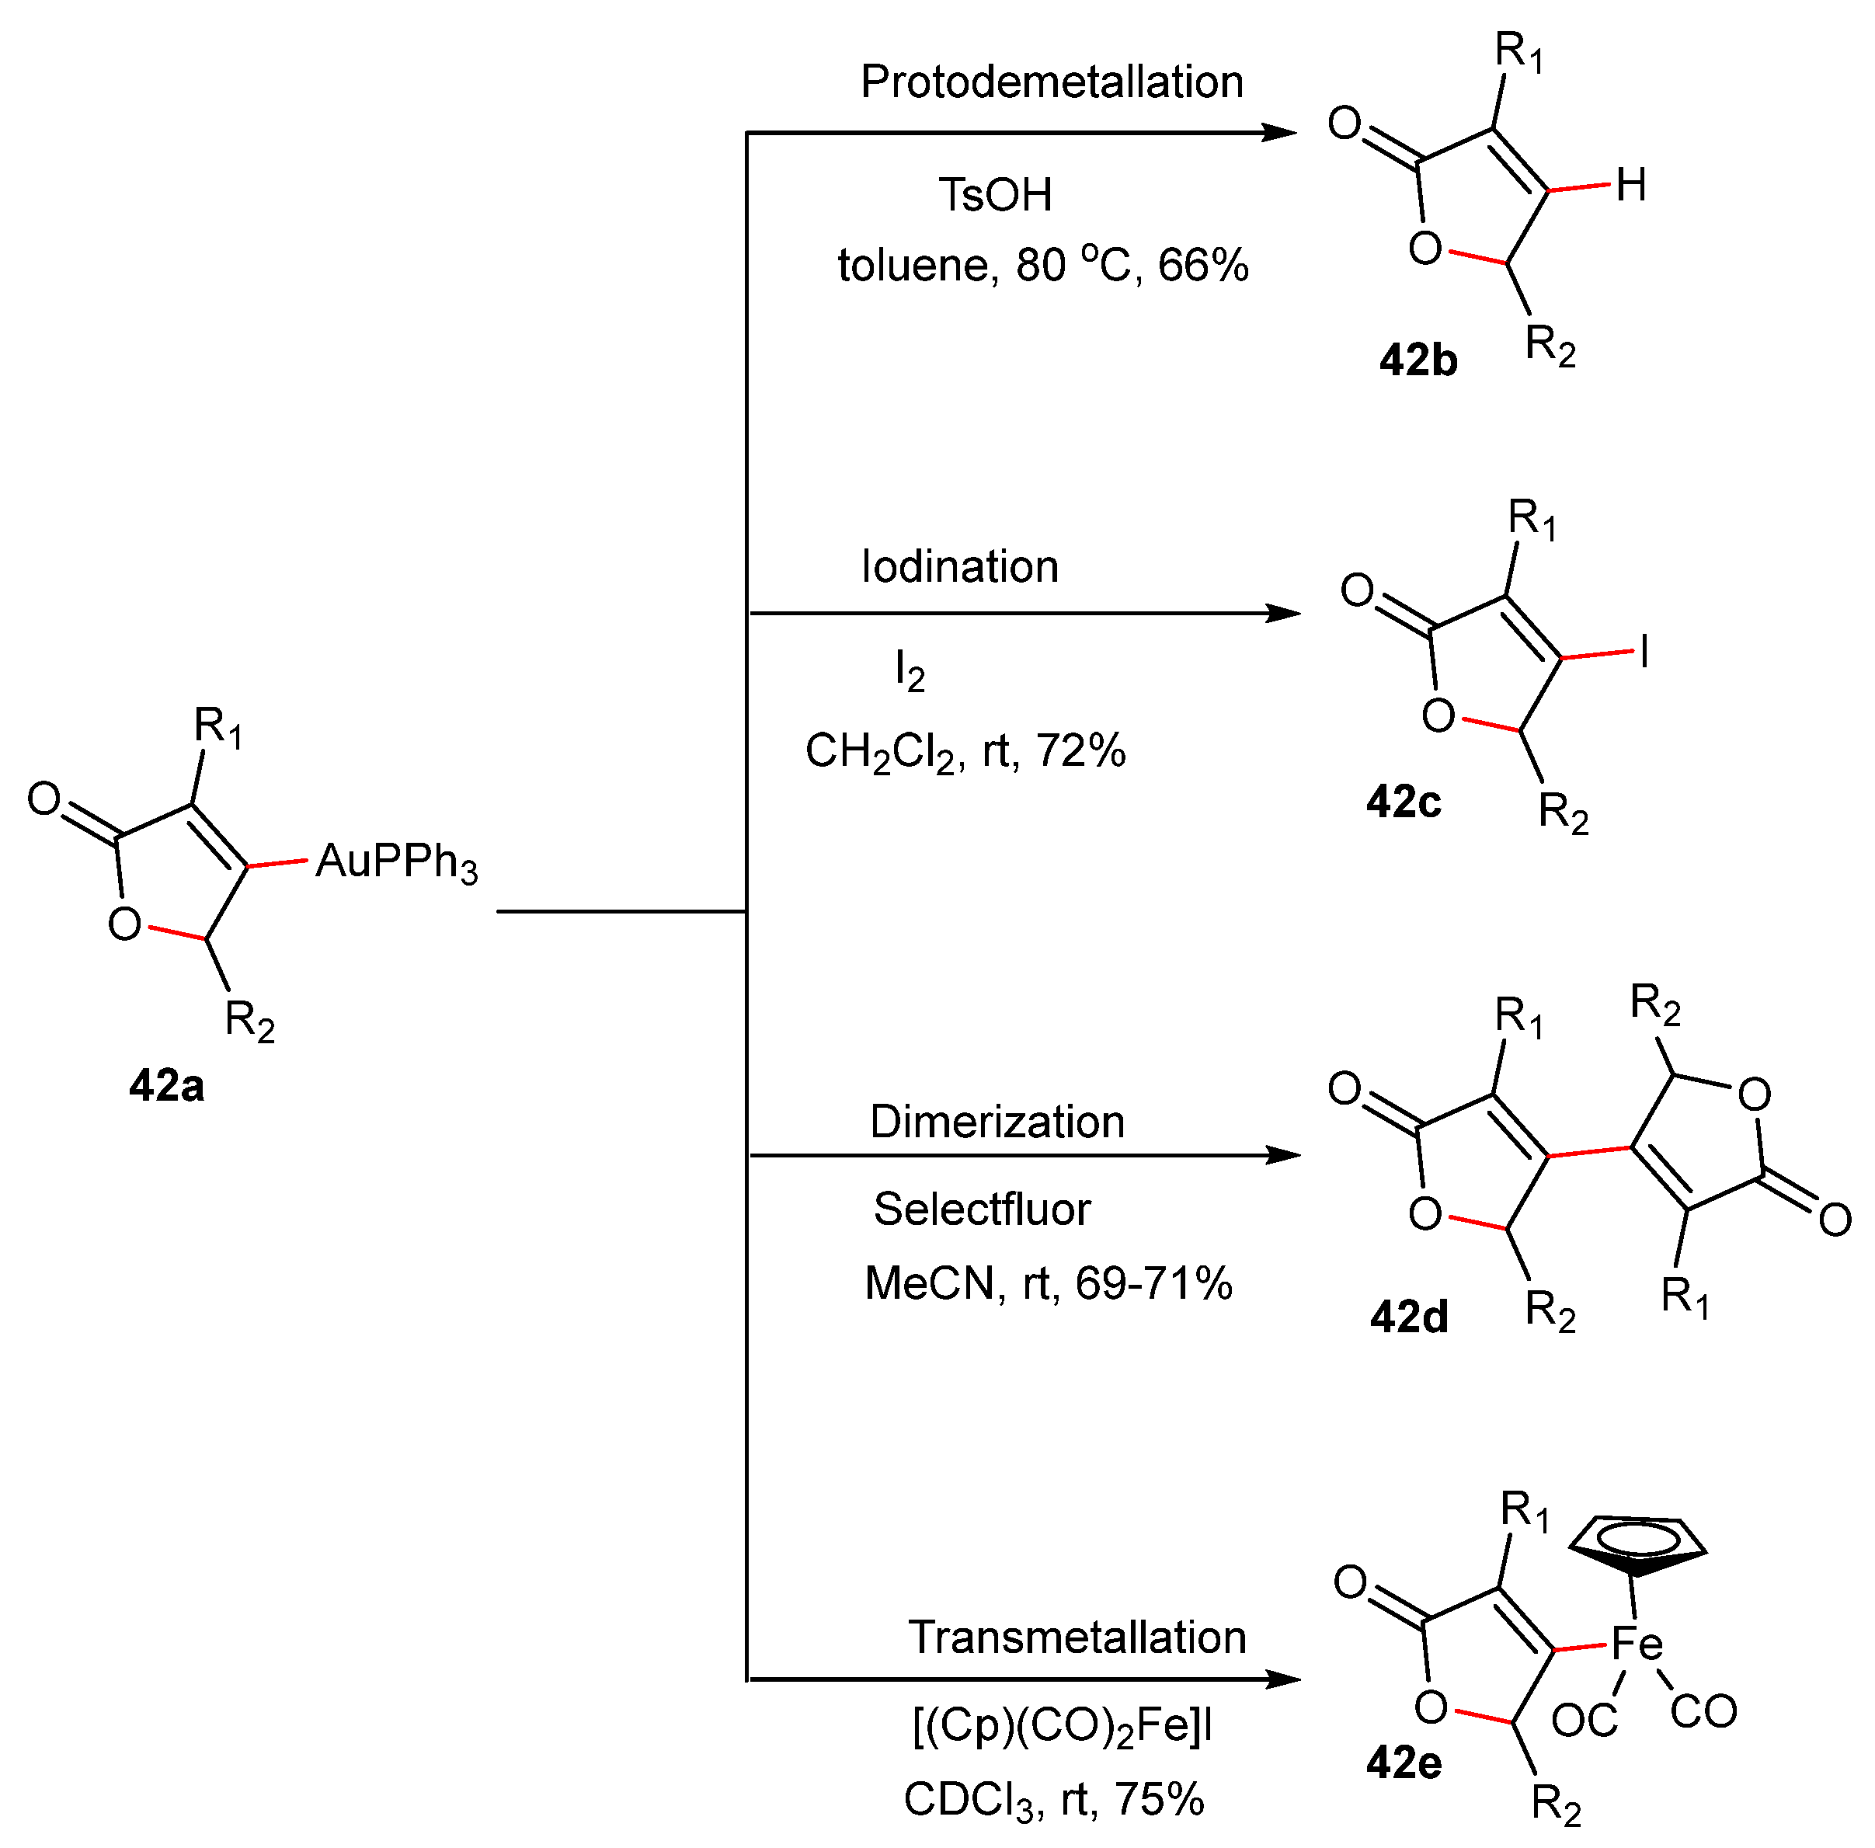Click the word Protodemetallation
pos(1052,82)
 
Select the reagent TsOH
pos(995,195)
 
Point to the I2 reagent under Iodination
pos(910,670)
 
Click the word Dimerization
pos(997,1122)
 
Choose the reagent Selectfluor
pos(981,1209)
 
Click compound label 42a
pos(166,1085)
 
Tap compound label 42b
pos(1418,361)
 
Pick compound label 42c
pos(1404,802)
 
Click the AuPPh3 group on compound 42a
pos(397,862)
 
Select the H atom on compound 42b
pos(1630,184)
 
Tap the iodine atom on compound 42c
pos(1644,653)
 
